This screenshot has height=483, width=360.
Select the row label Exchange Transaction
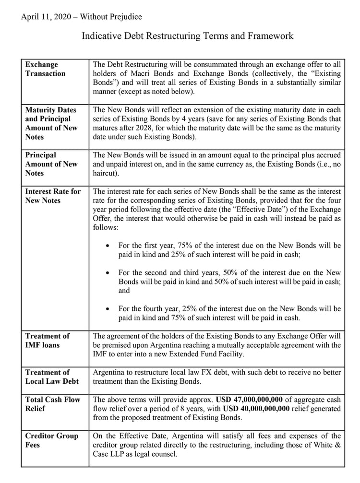[x=45, y=69]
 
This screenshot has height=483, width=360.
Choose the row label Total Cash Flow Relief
[x=53, y=403]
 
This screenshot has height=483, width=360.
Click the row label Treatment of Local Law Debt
[x=52, y=377]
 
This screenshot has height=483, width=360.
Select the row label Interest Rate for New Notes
[x=53, y=196]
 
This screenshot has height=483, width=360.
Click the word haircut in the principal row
[x=106, y=173]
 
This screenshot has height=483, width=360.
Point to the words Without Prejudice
[x=111, y=17]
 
